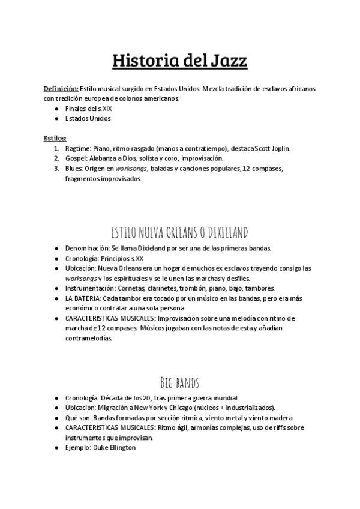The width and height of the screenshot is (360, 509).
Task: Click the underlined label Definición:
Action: coord(61,88)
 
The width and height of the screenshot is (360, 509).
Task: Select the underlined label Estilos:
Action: coord(55,138)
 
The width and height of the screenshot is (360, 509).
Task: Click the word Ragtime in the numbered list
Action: coord(77,148)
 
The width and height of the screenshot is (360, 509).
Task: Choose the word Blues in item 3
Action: coord(74,169)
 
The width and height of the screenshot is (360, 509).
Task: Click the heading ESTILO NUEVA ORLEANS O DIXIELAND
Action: coord(180,232)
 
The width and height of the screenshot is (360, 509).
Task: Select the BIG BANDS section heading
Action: coord(180,382)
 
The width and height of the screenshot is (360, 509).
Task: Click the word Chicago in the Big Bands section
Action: coord(212,407)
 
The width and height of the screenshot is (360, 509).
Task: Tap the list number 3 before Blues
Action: coord(56,169)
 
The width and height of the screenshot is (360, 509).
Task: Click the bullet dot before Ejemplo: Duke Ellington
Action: coord(56,447)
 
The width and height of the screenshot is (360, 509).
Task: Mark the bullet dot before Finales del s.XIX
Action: coord(56,109)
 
